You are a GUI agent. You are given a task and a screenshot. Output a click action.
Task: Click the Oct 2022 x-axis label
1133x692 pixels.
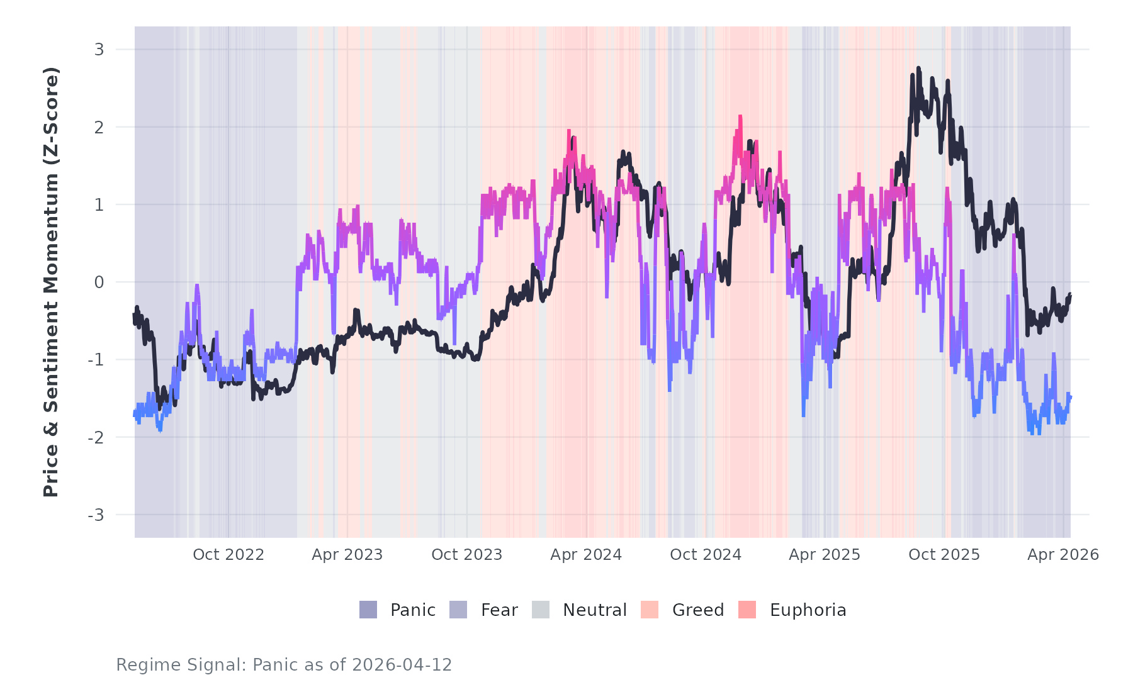(228, 555)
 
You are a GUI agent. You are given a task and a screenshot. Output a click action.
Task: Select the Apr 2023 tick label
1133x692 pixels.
(347, 555)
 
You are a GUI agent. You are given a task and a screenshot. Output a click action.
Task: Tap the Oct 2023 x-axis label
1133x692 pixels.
(466, 555)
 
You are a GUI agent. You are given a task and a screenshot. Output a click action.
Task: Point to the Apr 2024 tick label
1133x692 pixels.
(586, 555)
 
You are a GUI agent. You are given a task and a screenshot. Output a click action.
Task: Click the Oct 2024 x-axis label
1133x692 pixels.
(706, 555)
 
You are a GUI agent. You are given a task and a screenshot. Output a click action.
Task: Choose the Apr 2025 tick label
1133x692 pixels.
(825, 555)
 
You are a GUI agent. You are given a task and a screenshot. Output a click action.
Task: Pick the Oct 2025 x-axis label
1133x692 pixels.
(944, 555)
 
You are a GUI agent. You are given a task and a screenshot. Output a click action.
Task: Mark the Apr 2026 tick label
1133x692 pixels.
(1063, 555)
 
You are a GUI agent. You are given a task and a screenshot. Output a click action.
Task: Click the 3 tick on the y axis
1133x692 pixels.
(99, 49)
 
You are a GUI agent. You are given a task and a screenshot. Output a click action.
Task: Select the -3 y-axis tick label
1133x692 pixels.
(96, 515)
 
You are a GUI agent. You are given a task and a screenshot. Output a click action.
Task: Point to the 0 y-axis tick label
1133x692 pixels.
(99, 282)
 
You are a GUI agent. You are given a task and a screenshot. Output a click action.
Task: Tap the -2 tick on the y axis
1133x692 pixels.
(96, 438)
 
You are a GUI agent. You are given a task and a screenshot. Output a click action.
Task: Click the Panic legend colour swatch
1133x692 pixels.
(368, 610)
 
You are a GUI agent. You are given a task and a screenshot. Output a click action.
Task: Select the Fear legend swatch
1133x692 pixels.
(458, 610)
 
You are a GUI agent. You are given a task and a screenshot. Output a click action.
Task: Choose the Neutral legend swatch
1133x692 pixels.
(541, 610)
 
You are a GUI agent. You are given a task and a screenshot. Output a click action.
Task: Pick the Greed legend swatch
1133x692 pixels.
(650, 610)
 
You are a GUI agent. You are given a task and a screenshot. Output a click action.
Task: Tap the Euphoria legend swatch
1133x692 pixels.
(747, 610)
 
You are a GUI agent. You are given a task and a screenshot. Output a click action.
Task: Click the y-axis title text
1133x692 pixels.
(50, 282)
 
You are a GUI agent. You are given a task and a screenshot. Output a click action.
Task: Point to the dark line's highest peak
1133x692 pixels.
(918, 69)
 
